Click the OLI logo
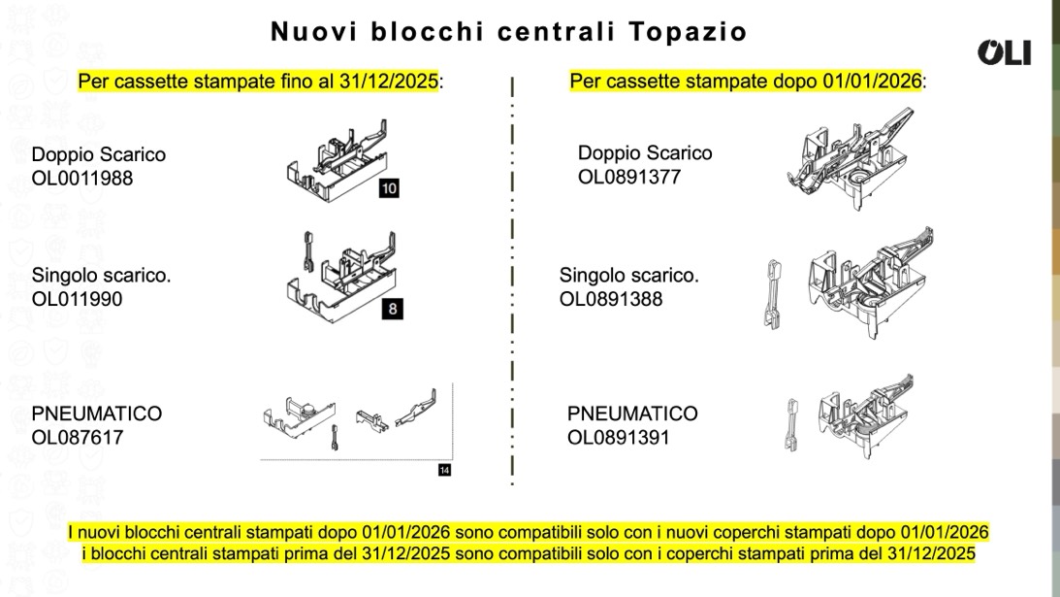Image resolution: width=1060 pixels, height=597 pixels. tap(1004, 52)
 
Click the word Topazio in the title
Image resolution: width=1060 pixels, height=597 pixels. tap(688, 32)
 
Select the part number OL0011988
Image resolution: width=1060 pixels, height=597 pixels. tap(81, 178)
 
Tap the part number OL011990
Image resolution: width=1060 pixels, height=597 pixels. tap(77, 299)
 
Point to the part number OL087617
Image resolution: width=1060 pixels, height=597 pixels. tap(77, 437)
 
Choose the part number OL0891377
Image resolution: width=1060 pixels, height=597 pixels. tap(628, 177)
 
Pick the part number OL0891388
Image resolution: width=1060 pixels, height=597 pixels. tap(610, 299)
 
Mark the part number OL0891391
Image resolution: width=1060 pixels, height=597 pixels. tap(618, 437)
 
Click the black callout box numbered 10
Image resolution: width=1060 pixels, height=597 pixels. tap(389, 188)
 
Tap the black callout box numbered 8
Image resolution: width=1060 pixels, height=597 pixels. tap(392, 310)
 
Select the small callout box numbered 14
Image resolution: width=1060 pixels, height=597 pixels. tap(444, 470)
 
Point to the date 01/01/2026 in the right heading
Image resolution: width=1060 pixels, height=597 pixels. tap(872, 82)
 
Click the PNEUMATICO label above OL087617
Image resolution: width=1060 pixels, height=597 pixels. tap(97, 414)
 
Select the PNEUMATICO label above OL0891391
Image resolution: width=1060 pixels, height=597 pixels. tap(632, 414)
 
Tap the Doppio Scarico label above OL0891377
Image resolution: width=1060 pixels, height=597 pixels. tap(645, 153)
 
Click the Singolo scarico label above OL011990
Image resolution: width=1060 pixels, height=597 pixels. tap(102, 276)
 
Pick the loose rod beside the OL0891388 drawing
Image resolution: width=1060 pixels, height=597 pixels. tap(773, 294)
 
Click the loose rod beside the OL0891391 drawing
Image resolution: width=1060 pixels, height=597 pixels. tap(791, 425)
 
